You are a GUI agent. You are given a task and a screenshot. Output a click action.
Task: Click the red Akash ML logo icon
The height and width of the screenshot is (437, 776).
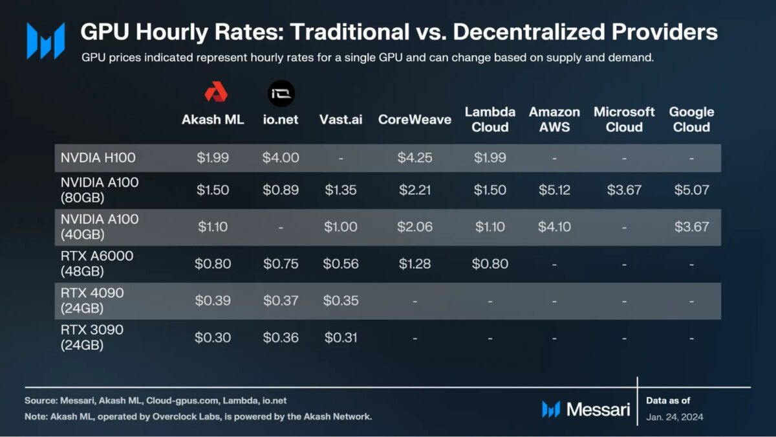click(215, 93)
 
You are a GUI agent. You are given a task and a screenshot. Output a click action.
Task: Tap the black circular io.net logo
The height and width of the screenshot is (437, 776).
click(281, 95)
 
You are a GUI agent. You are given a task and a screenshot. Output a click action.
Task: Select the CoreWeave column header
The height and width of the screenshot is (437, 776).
click(415, 120)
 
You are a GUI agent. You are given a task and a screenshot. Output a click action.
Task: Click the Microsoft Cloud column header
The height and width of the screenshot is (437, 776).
click(624, 120)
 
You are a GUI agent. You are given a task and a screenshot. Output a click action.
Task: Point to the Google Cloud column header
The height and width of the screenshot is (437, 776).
click(691, 120)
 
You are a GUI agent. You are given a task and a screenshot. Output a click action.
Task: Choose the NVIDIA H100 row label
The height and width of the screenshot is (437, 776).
click(98, 157)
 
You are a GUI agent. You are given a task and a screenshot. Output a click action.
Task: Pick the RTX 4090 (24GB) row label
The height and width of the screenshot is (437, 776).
click(92, 300)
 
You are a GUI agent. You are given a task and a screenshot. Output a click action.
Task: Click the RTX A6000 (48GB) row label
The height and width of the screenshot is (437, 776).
click(96, 263)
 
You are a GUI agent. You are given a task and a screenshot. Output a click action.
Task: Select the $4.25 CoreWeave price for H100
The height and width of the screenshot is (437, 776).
click(415, 158)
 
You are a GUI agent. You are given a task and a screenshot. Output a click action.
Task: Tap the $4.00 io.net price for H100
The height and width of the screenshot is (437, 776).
click(281, 158)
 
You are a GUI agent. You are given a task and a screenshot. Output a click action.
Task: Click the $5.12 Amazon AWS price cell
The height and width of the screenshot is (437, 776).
click(554, 190)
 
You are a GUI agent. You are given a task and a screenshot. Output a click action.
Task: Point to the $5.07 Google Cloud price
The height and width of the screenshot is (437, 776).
click(691, 190)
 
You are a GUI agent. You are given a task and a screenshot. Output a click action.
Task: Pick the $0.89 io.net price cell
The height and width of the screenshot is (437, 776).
click(281, 190)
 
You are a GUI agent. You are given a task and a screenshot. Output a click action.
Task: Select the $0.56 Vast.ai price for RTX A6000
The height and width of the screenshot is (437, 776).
click(340, 263)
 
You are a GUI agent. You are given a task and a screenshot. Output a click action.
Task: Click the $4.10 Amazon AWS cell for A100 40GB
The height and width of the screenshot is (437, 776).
click(554, 227)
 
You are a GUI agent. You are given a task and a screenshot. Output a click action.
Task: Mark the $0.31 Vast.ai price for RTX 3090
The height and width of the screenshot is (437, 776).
click(340, 337)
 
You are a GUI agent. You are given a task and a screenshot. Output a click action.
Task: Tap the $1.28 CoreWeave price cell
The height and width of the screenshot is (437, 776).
click(415, 263)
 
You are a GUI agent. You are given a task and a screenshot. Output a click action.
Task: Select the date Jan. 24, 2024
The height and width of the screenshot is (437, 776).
click(674, 417)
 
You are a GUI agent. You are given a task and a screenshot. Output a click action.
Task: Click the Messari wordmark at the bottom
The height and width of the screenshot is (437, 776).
click(598, 409)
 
